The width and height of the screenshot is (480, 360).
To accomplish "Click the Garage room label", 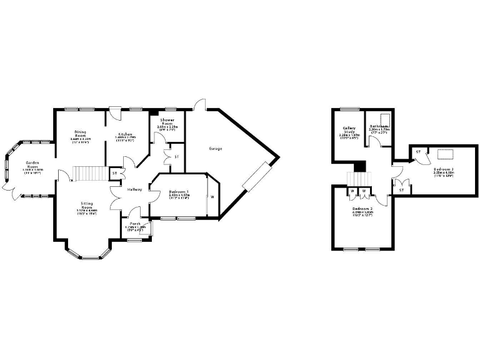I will click(x=216, y=149).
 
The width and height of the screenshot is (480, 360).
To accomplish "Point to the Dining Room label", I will click(x=80, y=134).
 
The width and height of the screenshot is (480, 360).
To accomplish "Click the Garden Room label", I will click(x=32, y=165).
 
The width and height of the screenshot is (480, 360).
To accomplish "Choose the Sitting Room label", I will click(x=87, y=206).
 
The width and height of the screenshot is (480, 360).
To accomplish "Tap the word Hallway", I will click(x=134, y=189).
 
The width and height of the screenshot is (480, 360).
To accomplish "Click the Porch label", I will click(x=135, y=224).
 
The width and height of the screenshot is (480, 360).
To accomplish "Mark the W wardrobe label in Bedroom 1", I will click(x=212, y=198).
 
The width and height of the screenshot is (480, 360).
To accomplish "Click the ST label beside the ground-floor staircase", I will click(x=114, y=172).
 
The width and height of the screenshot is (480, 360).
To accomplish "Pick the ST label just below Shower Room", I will click(x=176, y=156).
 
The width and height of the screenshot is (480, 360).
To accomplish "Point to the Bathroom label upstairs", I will click(x=379, y=125).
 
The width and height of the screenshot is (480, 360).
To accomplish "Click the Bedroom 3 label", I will click(x=443, y=169).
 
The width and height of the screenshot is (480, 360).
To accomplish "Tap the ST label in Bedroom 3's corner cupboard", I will click(x=417, y=152).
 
